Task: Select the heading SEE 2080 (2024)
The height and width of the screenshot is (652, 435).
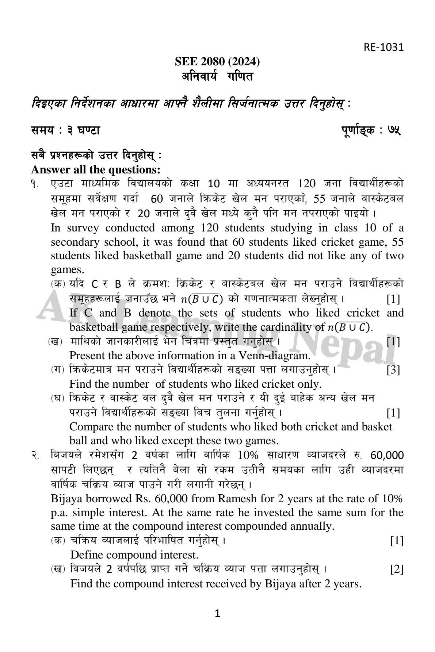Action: coord(217,62)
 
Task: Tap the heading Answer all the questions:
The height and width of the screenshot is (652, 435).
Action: coord(96,170)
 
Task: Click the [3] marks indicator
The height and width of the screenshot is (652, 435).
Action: coord(393,370)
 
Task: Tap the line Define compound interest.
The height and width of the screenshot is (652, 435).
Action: coord(134,555)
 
